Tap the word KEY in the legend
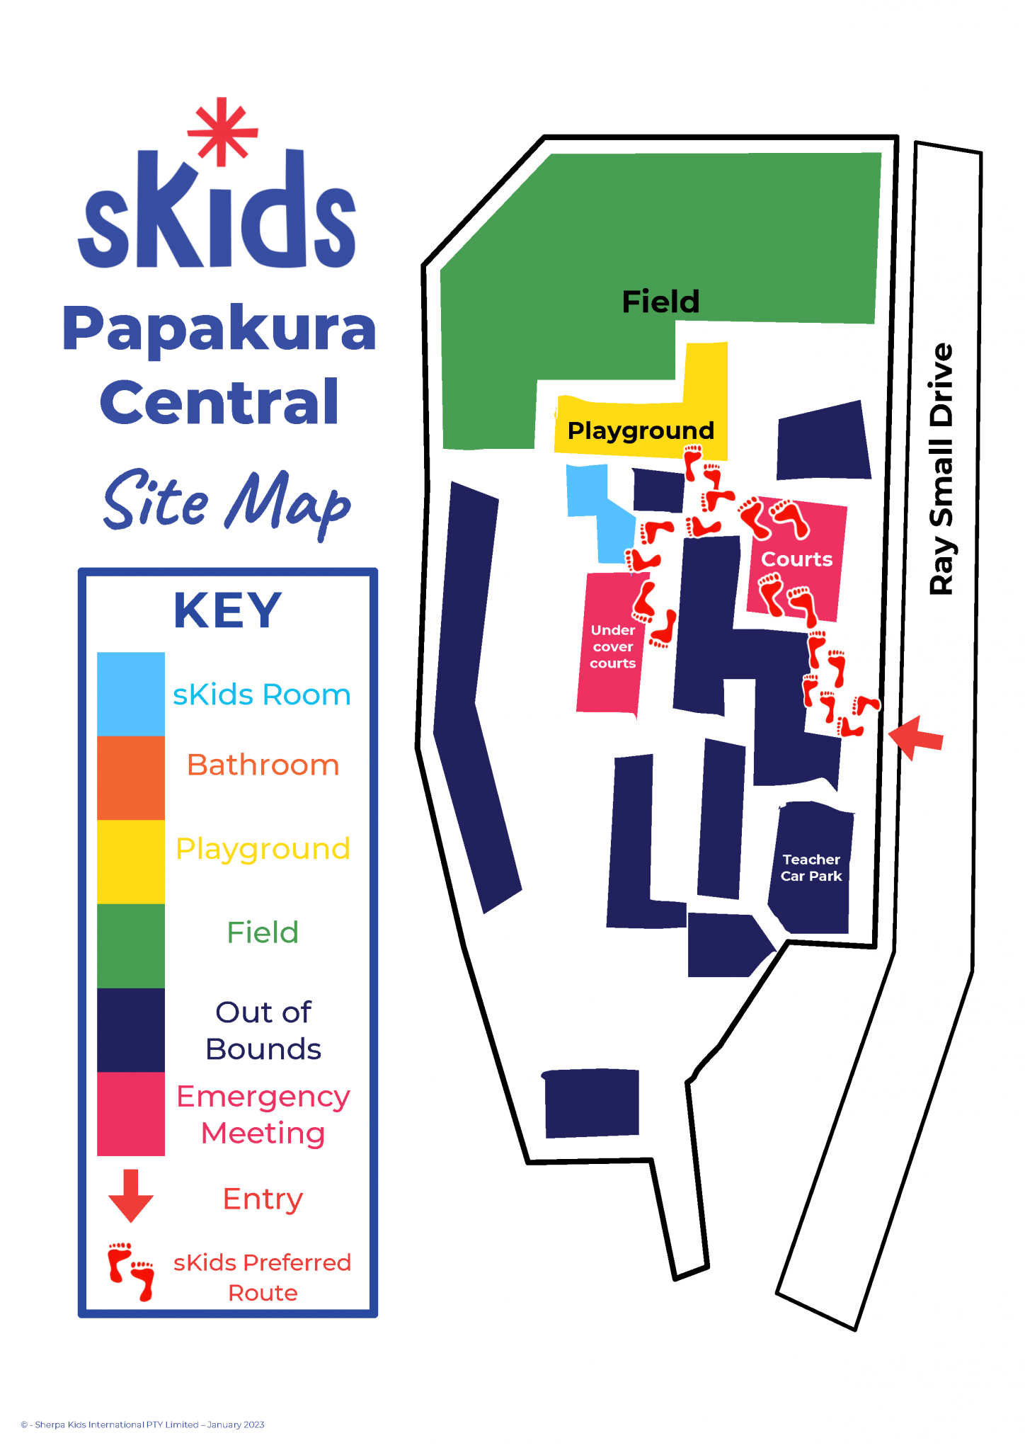click(228, 610)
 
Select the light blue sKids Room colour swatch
click(131, 694)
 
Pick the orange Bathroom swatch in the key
click(131, 777)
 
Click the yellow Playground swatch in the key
click(131, 862)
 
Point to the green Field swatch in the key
click(131, 946)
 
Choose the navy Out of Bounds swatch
click(131, 1030)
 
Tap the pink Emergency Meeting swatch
click(131, 1114)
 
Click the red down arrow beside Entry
click(131, 1196)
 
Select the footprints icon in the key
click(131, 1271)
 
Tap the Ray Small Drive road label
click(941, 469)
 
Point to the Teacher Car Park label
click(811, 867)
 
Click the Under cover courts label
click(613, 646)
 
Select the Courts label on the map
click(796, 559)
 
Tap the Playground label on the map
click(641, 430)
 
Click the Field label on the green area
click(660, 302)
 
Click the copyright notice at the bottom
click(142, 1425)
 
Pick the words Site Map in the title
click(227, 501)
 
